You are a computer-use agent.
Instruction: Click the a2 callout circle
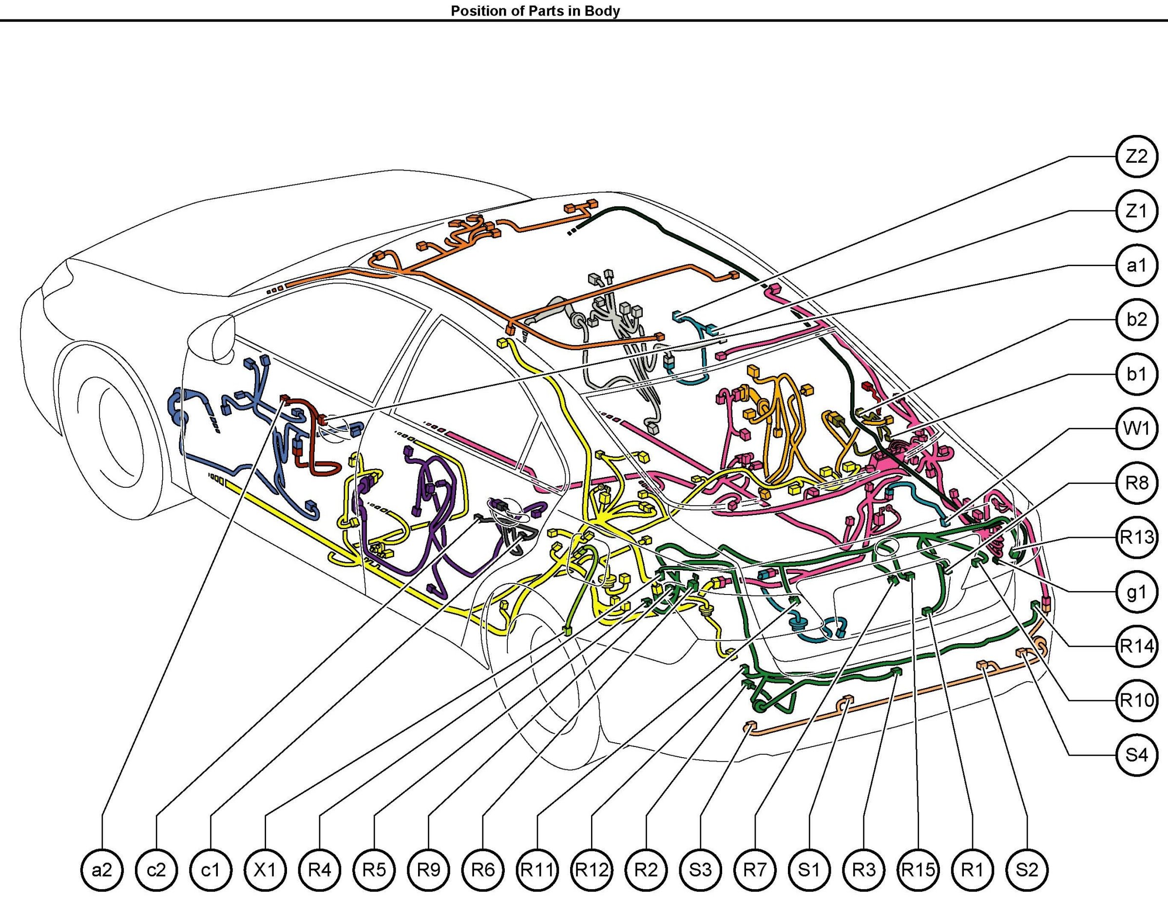point(102,871)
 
